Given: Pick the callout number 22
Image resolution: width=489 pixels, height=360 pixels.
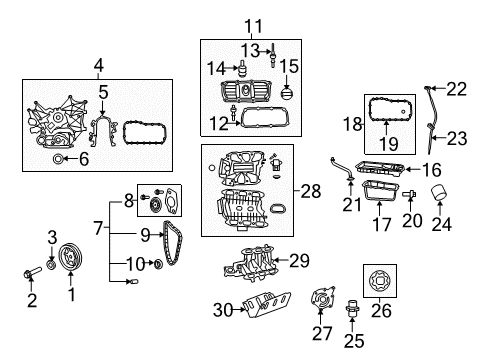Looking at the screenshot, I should point(456,89).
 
